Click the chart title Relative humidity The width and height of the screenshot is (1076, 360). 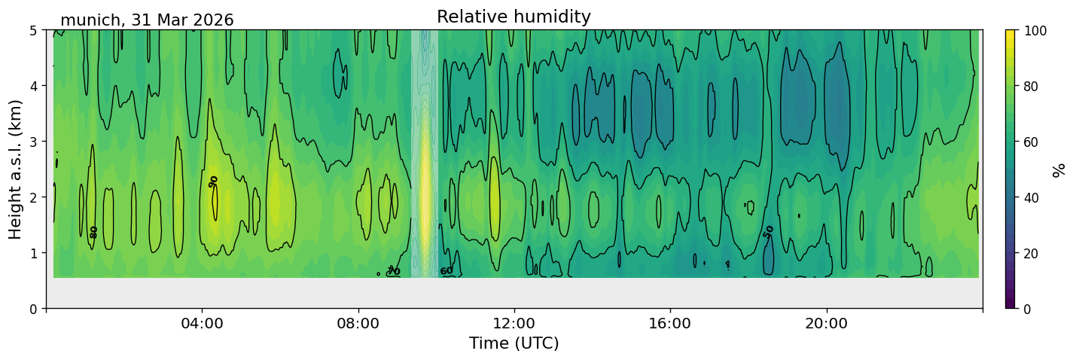514,17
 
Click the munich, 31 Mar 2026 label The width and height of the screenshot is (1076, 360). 147,20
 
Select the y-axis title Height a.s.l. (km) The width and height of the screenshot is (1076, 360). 15,169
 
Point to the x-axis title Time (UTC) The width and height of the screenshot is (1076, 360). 514,343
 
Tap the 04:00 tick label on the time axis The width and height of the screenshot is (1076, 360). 203,323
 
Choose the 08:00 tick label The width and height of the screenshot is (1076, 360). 358,323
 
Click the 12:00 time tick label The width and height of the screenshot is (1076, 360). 514,323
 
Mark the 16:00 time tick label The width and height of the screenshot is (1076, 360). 670,323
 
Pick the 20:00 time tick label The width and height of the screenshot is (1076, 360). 826,323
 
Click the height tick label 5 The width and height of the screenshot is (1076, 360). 34,31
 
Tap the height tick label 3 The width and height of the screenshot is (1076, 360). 34,142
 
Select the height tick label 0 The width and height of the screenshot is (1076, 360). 34,309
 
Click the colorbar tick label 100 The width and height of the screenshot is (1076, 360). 1035,31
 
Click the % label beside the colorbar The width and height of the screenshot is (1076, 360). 1058,169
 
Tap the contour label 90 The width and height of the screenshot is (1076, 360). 213,182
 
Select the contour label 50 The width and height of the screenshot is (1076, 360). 768,232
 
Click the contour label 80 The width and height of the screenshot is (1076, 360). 93,233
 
